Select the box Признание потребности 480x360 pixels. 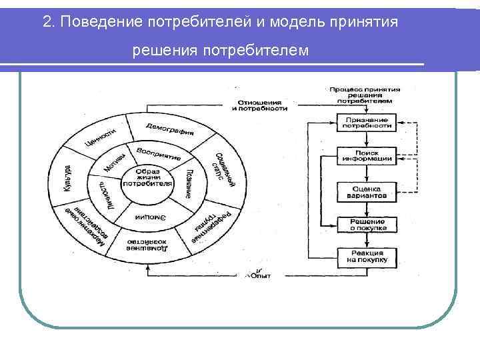[363, 122]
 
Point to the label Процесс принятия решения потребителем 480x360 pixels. [365, 95]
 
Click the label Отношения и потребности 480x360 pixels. [261, 105]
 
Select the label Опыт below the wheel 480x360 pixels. [261, 274]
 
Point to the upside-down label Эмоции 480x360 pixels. [150, 217]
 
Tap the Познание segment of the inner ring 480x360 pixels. [189, 183]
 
